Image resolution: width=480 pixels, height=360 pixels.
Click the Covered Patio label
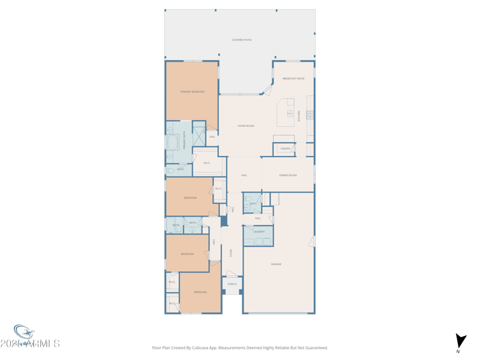(242, 40)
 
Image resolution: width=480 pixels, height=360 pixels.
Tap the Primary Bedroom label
(193, 92)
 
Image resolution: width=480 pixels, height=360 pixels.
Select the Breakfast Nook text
(293, 79)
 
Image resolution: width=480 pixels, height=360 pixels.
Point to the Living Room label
(246, 126)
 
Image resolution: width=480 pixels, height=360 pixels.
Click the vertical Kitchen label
(299, 116)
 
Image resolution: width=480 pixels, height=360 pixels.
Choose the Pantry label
(286, 149)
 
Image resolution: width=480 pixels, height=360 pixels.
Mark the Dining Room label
(288, 175)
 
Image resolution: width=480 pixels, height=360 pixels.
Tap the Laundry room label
(259, 232)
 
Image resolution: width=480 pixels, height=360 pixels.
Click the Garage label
(276, 264)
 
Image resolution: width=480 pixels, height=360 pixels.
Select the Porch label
(232, 284)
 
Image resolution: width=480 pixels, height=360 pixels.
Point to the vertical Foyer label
(231, 253)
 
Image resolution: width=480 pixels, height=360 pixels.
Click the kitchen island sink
(290, 113)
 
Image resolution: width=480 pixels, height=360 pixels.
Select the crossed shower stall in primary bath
(199, 136)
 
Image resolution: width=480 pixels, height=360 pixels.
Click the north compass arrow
(460, 341)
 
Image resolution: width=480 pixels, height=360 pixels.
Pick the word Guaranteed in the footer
(314, 347)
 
